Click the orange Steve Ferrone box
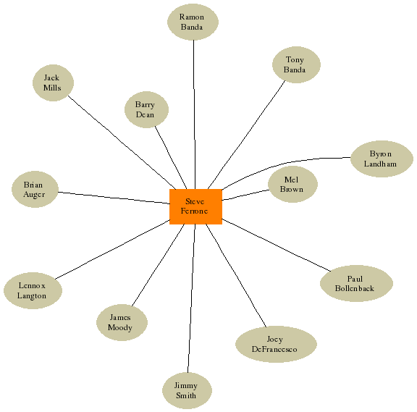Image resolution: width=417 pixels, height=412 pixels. [x=195, y=206]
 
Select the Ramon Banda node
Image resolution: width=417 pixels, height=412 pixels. [x=193, y=22]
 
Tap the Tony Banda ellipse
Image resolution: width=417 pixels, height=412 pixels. [x=296, y=64]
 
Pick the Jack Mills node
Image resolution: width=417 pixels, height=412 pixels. [x=53, y=83]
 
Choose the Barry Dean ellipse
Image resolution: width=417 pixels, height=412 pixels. [x=146, y=109]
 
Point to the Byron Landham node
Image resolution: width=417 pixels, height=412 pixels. [x=382, y=159]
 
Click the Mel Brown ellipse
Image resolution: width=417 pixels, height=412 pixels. [x=292, y=185]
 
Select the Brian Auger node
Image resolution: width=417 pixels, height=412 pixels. [x=35, y=189]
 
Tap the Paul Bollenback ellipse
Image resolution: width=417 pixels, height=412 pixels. [x=356, y=283]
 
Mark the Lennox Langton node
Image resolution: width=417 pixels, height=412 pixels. [x=33, y=290]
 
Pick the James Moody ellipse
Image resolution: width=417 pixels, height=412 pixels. [x=122, y=322]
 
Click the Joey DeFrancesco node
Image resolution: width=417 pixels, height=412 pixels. [x=276, y=344]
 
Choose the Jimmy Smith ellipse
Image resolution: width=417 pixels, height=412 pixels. [x=187, y=390]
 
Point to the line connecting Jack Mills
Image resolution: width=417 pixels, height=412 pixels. [x=122, y=143]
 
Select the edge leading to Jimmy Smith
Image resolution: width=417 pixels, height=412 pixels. [x=191, y=298]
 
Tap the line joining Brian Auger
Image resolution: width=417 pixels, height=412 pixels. [x=114, y=198]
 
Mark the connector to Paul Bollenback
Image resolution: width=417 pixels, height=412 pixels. [x=277, y=245]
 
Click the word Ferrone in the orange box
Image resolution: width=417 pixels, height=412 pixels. [x=195, y=211]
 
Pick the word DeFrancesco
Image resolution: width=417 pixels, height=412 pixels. [x=274, y=349]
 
